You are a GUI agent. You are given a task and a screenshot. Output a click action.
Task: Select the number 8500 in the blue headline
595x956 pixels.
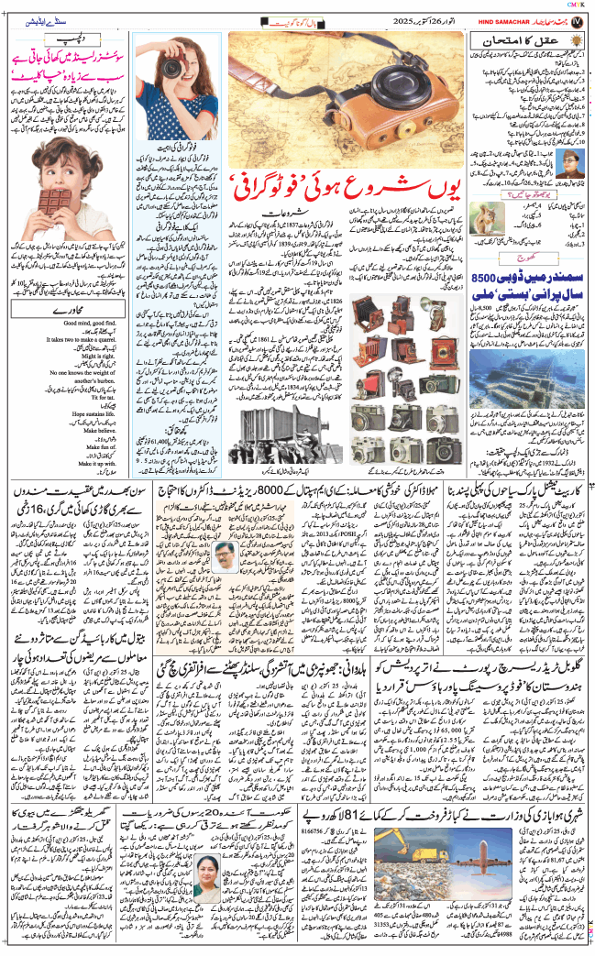point(560,277)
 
